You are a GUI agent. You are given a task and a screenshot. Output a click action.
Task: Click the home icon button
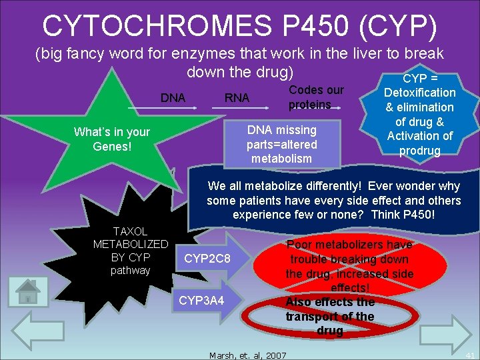(x=28, y=292)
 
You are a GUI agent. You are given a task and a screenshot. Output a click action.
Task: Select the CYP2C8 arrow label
(x=207, y=257)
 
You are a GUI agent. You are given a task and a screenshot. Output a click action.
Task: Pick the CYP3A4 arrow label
(x=202, y=301)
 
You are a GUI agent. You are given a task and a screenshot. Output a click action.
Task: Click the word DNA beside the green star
(x=173, y=98)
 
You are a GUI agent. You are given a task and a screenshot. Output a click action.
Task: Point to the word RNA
(x=237, y=98)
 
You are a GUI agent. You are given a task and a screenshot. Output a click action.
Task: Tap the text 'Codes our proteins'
(x=315, y=97)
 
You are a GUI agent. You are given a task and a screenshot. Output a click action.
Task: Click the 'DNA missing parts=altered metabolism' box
(x=282, y=143)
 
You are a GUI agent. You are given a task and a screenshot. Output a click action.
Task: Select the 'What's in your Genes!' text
(x=112, y=139)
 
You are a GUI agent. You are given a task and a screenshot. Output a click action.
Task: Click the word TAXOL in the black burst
(x=131, y=231)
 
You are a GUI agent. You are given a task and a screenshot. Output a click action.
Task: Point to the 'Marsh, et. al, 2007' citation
(x=247, y=355)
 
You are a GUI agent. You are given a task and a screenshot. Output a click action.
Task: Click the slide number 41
(x=470, y=355)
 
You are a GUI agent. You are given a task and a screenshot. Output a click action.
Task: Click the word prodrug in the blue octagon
(x=420, y=151)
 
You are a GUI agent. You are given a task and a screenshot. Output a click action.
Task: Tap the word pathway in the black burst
(x=131, y=270)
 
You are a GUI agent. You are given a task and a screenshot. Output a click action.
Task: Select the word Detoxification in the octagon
(x=420, y=93)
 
